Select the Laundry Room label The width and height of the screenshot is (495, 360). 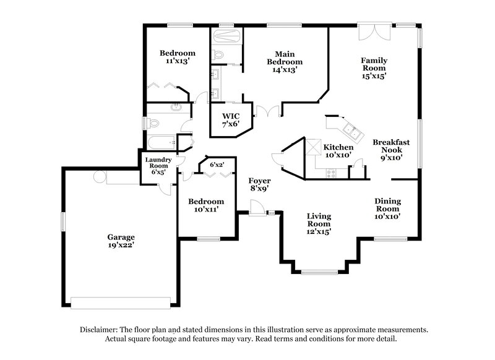157,163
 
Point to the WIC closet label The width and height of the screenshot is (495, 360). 231,116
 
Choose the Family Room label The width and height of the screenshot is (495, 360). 375,64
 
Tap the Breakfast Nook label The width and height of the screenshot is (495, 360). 391,146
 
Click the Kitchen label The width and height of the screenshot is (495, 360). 338,147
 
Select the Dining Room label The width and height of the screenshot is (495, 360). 388,205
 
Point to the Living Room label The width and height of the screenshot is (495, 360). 319,220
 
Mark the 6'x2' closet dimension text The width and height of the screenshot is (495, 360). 217,165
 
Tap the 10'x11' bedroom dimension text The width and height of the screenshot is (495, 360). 206,210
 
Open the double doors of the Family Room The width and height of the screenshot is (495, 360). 369,32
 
